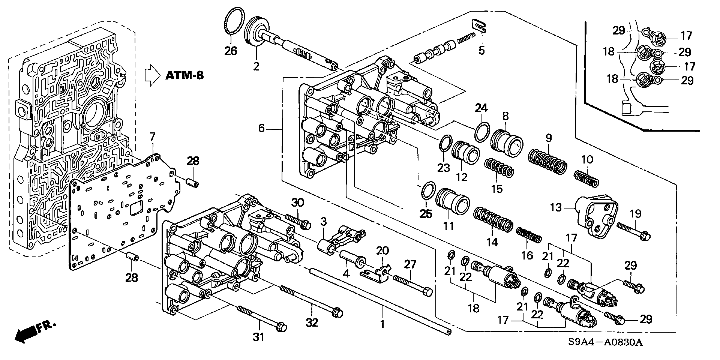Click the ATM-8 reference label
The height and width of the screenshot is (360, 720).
184,75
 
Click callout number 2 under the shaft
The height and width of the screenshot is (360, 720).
256,67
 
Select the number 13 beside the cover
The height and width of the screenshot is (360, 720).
557,207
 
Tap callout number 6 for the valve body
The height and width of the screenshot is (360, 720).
261,128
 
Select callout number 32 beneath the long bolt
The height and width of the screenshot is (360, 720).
312,322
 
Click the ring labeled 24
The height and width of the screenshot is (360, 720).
482,133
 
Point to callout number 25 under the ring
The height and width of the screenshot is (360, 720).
426,214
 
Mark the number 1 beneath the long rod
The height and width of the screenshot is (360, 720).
382,324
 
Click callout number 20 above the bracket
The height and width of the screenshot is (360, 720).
382,250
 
